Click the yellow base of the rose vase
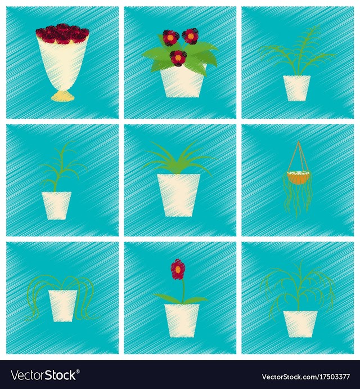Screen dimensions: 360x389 point(62,96)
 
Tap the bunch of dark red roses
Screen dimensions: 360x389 point(62,34)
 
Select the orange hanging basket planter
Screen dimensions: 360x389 point(298,177)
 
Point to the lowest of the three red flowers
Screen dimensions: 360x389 point(178,58)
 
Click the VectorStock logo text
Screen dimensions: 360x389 point(44,374)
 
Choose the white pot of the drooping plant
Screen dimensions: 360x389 point(63,306)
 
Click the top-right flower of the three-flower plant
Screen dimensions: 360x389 point(190,36)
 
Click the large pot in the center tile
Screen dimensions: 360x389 point(178,195)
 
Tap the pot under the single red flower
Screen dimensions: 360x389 point(182,320)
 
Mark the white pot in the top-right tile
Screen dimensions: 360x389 point(297,88)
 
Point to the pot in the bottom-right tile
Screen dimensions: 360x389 point(300,324)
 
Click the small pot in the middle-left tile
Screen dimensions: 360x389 point(56,205)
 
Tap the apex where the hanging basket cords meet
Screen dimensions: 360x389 point(299,141)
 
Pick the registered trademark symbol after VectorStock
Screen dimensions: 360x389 point(78,372)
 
